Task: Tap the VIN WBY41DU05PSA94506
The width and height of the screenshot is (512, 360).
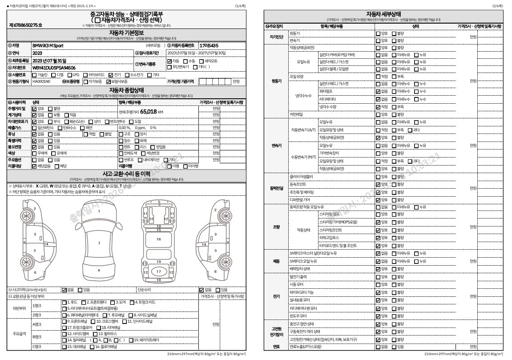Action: [54, 68]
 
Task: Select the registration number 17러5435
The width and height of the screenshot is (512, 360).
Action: [209, 45]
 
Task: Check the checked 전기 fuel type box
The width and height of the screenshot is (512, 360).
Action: [109, 75]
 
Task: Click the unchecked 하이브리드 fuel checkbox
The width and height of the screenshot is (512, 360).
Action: [85, 75]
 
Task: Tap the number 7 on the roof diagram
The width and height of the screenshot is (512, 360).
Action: [99, 243]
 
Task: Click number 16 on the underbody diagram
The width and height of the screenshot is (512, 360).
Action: [159, 239]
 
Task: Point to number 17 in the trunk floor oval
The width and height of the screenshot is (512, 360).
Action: [159, 271]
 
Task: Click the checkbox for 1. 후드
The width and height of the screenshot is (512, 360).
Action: [64, 302]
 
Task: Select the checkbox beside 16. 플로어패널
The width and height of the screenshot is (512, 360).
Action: [64, 346]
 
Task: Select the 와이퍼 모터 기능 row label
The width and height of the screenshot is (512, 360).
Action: [302, 292]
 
